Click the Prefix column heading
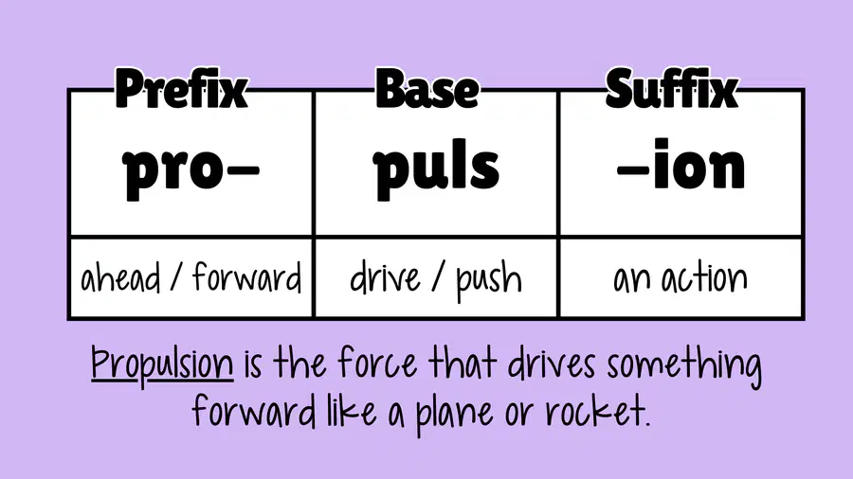point(181,89)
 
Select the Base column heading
point(427,89)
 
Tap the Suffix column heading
point(672,89)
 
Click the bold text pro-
point(191,169)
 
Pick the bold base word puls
point(436,168)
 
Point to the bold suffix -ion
point(681,164)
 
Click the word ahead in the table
point(120,278)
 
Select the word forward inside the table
point(247,277)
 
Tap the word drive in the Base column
point(385,278)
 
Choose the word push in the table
point(488,281)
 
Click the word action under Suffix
point(704,278)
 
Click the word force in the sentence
point(377,363)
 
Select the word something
point(683,366)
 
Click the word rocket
point(598,412)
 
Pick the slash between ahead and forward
point(175,278)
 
